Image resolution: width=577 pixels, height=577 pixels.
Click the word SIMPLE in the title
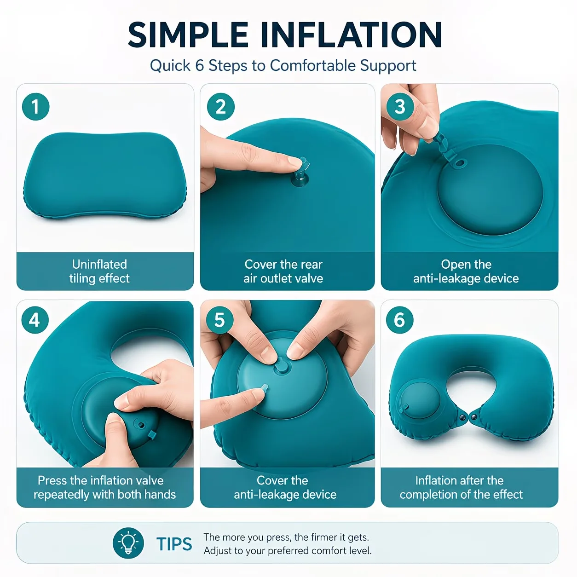(188, 35)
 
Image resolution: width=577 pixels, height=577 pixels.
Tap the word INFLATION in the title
(351, 35)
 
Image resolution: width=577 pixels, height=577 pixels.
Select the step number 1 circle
(35, 107)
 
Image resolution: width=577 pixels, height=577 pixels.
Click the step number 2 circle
(221, 107)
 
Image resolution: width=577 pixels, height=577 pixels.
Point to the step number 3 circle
(400, 107)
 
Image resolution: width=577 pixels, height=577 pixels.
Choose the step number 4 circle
(35, 320)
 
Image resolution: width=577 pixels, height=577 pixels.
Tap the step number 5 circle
(220, 320)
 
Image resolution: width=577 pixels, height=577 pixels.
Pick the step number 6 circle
(399, 320)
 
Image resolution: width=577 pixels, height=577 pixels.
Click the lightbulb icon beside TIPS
(128, 543)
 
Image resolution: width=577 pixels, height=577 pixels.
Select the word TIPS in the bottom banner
(174, 544)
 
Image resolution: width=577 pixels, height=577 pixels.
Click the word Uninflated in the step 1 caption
(99, 265)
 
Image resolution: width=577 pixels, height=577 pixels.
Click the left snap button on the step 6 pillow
(463, 417)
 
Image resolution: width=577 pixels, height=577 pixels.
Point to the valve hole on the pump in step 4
(140, 425)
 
